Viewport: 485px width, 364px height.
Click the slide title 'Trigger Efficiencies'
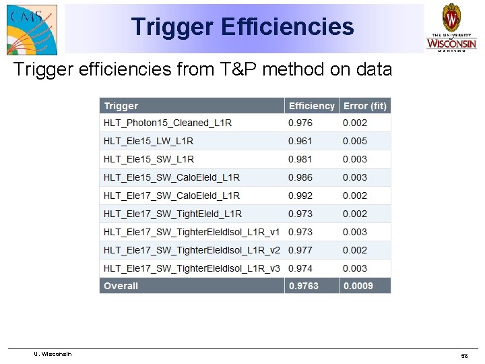243,27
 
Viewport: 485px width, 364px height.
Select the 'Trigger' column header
121,106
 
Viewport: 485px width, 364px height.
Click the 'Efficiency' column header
311,106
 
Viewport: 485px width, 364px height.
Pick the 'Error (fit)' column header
365,106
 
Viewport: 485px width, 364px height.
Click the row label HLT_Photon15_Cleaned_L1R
168,123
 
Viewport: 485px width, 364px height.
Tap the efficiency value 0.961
300,141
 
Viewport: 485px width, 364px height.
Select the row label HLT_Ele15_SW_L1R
149,159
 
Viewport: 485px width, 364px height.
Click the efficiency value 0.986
300,177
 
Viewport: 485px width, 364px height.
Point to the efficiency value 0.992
300,195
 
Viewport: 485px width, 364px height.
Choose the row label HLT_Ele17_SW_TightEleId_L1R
172,214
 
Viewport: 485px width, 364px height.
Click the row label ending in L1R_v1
192,232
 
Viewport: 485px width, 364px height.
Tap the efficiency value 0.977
300,250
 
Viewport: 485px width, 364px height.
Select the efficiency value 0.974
300,268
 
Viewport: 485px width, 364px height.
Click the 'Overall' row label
121,286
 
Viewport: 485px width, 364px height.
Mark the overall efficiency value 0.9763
304,286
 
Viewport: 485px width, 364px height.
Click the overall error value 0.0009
358,286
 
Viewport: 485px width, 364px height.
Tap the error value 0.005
355,141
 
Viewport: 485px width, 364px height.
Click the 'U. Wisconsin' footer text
53,354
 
